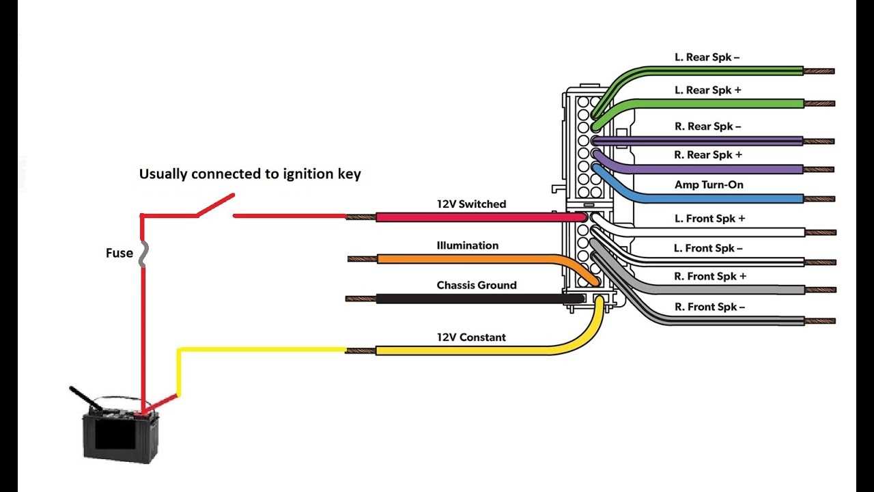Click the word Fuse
pos(119,253)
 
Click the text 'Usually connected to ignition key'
pos(250,174)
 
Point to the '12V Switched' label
pos(471,204)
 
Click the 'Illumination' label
pos(467,245)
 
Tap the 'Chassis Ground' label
pos(477,285)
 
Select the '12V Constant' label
pos(471,337)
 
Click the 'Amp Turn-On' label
pos(709,184)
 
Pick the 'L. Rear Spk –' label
pos(707,57)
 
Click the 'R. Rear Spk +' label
pos(707,155)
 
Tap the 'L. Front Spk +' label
pos(709,219)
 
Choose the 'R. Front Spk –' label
pos(709,307)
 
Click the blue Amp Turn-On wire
pos(717,199)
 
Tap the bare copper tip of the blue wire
pos(820,199)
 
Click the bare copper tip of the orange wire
pos(362,259)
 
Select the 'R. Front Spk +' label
pos(709,276)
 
